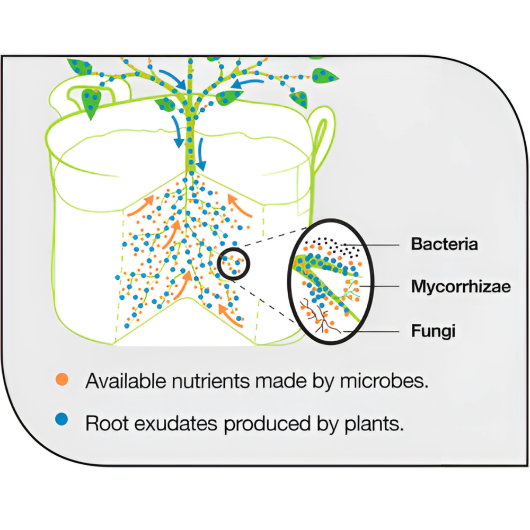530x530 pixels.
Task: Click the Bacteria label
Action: pos(445,244)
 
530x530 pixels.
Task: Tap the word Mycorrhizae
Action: pos(461,287)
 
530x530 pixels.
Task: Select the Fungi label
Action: pos(434,331)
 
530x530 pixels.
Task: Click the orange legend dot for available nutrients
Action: pos(63,379)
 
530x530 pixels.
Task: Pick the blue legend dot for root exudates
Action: pos(63,420)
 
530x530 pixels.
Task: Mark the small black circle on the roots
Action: pos(233,262)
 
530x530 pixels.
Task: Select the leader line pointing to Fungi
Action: pos(374,331)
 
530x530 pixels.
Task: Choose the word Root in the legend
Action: pos(104,423)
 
